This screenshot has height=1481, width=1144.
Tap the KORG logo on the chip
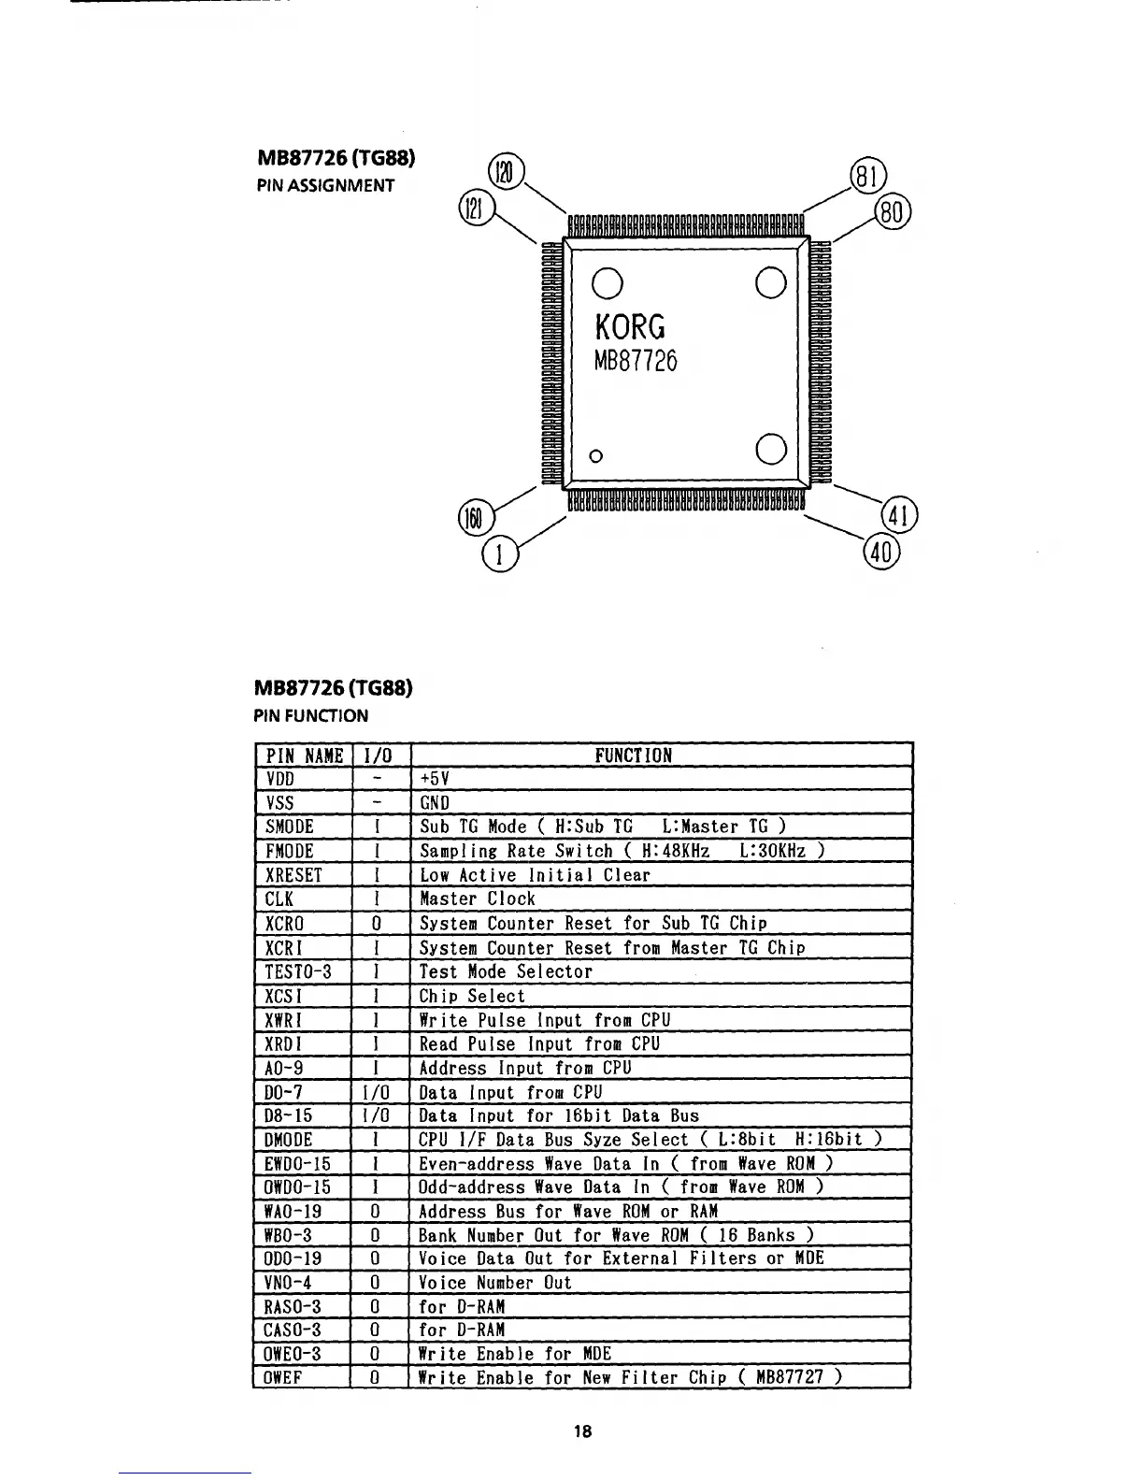coord(631,326)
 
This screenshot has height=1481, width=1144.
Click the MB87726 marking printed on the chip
coord(636,360)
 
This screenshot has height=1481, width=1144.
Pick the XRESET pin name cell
coord(293,875)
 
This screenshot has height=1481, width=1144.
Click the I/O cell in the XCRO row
coord(376,924)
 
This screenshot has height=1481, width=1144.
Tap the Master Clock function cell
coord(478,899)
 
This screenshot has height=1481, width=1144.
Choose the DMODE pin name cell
coord(289,1140)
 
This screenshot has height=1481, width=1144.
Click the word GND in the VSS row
coord(435,803)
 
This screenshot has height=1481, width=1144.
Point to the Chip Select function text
coord(472,996)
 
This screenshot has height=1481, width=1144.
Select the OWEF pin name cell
coord(284,1377)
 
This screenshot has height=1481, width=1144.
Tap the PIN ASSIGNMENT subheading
coord(325,184)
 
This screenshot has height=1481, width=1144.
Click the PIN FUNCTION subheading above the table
coord(312,715)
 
